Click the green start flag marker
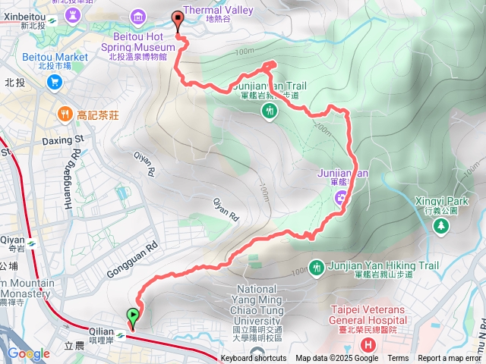[134, 316]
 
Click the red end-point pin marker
[178, 21]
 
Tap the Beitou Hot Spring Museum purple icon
[138, 16]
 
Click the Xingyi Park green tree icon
[441, 226]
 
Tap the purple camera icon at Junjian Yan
[342, 199]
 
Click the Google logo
[28, 353]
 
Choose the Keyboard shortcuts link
[254, 359]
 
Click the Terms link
[398, 359]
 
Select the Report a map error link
[450, 359]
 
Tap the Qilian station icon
[121, 334]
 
